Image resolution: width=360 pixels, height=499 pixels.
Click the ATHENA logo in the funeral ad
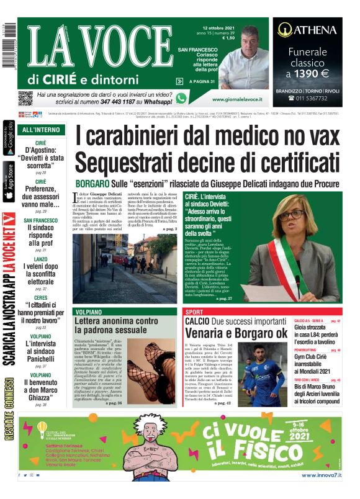tap(307, 29)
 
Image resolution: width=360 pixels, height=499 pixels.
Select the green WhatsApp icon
tap(181, 98)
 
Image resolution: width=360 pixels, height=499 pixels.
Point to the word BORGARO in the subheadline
tap(92, 183)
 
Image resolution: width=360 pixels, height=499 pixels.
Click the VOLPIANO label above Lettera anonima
tap(88, 311)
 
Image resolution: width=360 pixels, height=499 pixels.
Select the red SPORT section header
tap(194, 311)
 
